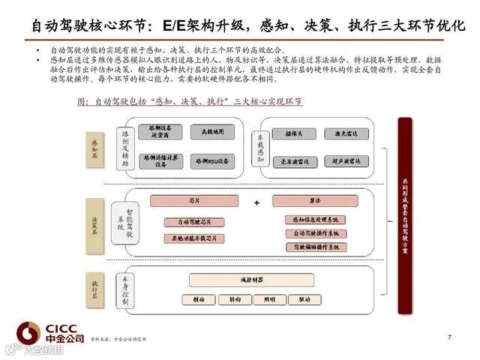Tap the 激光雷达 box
click(346, 133)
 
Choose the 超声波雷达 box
click(346, 161)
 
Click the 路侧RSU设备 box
click(212, 160)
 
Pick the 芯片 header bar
click(194, 201)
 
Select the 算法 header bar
click(315, 201)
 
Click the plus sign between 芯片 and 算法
click(256, 202)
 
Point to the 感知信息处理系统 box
click(315, 219)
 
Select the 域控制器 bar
click(250, 280)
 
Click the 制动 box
click(198, 299)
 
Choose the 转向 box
click(235, 299)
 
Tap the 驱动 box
click(304, 299)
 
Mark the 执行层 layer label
click(95, 289)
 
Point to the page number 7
click(449, 337)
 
